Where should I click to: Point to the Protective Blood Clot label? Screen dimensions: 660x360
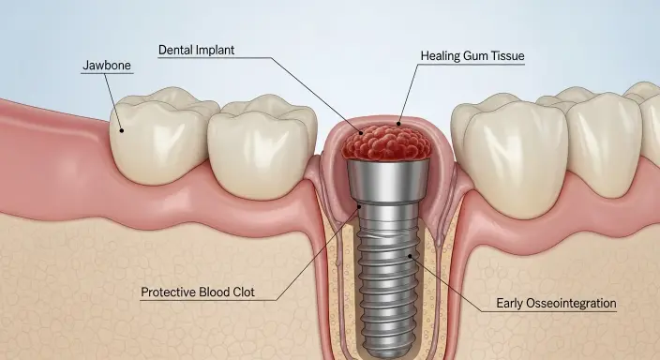(209, 292)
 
